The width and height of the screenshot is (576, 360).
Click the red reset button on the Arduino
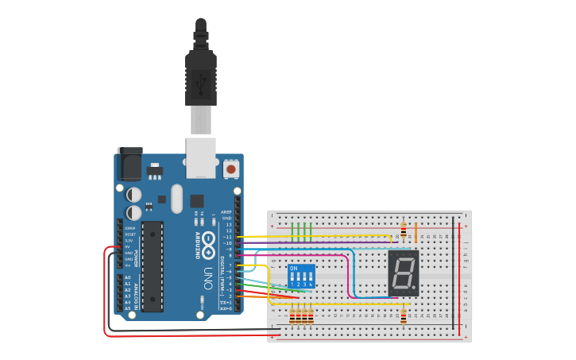point(231,168)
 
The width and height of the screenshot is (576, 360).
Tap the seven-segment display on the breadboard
point(404,273)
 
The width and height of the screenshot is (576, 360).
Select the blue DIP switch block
point(301,277)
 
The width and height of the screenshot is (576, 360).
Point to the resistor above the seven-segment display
point(404,230)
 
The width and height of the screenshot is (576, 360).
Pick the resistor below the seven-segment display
point(404,315)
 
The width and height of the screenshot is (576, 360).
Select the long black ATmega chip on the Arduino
point(153,266)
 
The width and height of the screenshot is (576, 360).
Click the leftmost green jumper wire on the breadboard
point(293,231)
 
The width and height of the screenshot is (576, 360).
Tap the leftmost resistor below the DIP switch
point(292,316)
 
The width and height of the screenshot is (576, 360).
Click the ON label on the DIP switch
point(294,269)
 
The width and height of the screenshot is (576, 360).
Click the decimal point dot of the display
point(415,288)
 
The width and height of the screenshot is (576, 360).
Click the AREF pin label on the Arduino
point(226,212)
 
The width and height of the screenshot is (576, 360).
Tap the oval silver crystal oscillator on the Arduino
point(176,199)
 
